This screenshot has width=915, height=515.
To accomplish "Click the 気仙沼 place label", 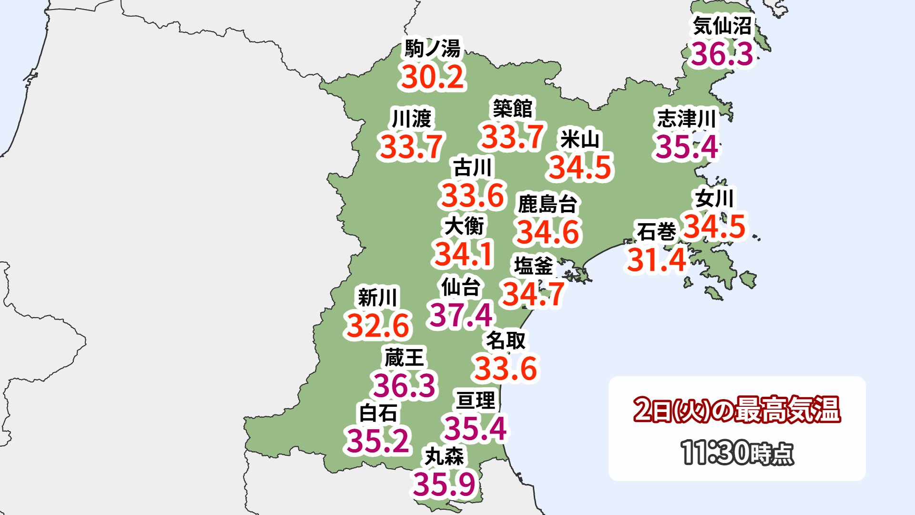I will [722, 26].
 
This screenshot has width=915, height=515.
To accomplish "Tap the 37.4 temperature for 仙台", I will [461, 315].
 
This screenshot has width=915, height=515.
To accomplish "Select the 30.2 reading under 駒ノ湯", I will [433, 77].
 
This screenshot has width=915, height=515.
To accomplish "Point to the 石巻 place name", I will [656, 232].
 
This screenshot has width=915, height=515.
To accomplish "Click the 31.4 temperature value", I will [657, 260].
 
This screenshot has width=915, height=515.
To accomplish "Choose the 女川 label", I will [714, 198].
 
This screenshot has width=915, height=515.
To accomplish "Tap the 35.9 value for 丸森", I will [445, 484].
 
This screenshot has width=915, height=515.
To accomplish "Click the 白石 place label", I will [378, 413].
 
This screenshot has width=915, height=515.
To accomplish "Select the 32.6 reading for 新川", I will [378, 326].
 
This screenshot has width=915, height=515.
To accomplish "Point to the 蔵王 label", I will [404, 357].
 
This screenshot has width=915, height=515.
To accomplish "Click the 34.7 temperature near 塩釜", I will [533, 294].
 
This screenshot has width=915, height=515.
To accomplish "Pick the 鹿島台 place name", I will [548, 204].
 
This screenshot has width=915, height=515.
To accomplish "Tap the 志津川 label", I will [687, 118].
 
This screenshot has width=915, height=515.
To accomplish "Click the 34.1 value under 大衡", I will [463, 254].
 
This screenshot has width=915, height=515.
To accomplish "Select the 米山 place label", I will [580, 139].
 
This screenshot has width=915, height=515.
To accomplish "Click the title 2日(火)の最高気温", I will [737, 410].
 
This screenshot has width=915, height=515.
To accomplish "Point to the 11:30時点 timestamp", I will [737, 453].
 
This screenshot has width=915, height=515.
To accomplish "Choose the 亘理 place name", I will [476, 400].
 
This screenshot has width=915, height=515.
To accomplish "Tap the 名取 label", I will [506, 340].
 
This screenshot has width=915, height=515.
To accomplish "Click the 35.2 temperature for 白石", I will [378, 441].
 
